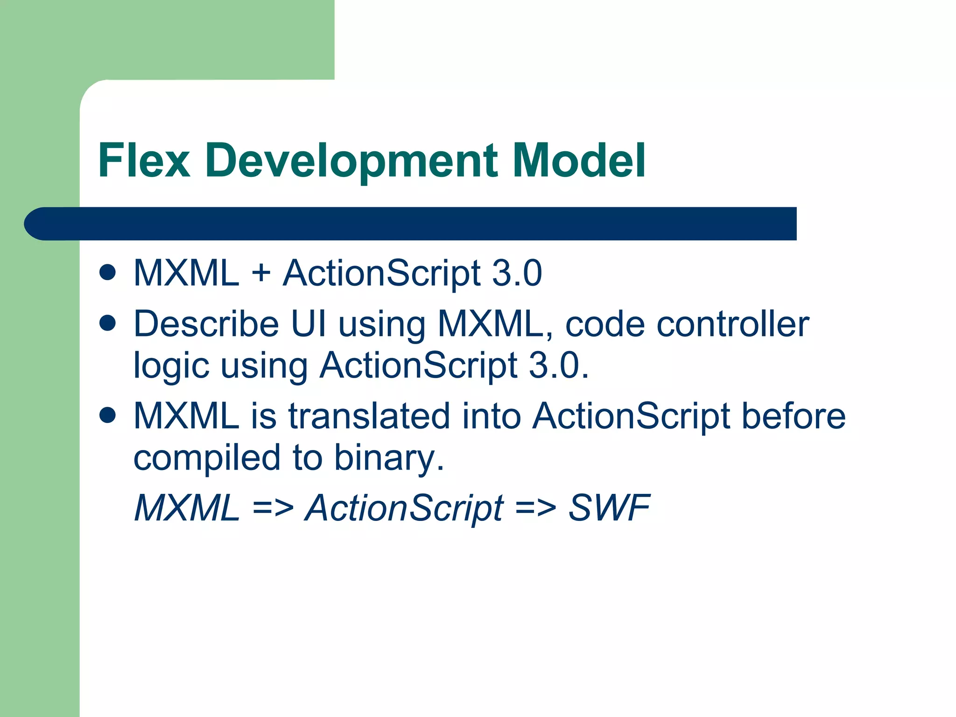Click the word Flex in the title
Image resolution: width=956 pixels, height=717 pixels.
click(144, 161)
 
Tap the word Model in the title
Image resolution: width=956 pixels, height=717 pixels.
click(579, 161)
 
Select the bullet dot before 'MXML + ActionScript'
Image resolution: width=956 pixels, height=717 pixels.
click(107, 272)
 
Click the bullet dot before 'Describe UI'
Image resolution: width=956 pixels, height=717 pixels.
click(107, 323)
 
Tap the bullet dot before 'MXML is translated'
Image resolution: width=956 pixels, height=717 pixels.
click(107, 415)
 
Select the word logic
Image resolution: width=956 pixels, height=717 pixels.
click(171, 366)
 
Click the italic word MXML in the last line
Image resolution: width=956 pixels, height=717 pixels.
click(186, 507)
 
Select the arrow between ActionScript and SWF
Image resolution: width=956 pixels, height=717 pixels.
click(535, 507)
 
